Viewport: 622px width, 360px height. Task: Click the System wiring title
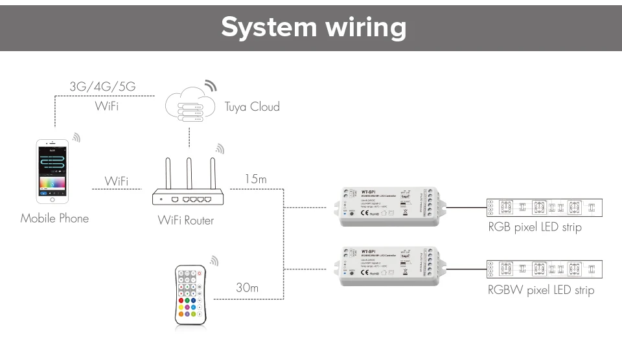tap(314, 27)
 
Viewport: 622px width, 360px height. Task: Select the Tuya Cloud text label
tap(252, 106)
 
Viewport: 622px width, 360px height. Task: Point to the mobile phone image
tap(52, 170)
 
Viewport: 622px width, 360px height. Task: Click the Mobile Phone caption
tap(54, 218)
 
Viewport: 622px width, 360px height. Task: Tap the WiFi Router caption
tap(185, 220)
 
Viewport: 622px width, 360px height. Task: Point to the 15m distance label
tap(255, 179)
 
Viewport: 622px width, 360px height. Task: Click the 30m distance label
tap(247, 287)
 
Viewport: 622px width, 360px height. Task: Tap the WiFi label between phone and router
tap(116, 181)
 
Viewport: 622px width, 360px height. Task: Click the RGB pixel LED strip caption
tap(535, 227)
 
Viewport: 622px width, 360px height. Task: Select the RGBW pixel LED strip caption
tap(540, 290)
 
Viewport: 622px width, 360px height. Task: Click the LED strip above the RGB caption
tap(545, 208)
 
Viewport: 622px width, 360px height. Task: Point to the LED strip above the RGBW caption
tap(545, 269)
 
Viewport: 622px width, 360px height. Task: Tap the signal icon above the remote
tap(214, 261)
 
